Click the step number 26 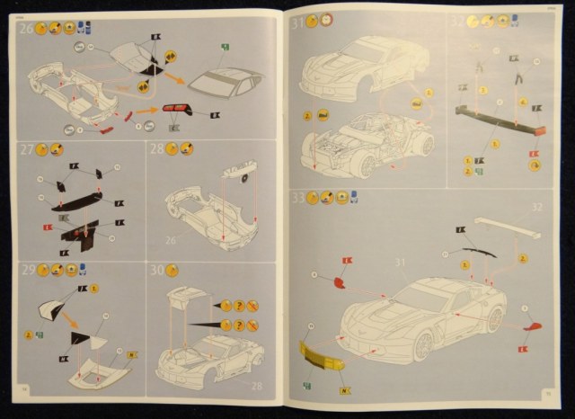(x=28, y=28)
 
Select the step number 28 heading (x=158, y=150)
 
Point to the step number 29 (x=28, y=271)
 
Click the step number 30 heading (x=158, y=270)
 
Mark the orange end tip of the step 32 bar (x=541, y=130)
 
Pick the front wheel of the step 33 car (x=492, y=320)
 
